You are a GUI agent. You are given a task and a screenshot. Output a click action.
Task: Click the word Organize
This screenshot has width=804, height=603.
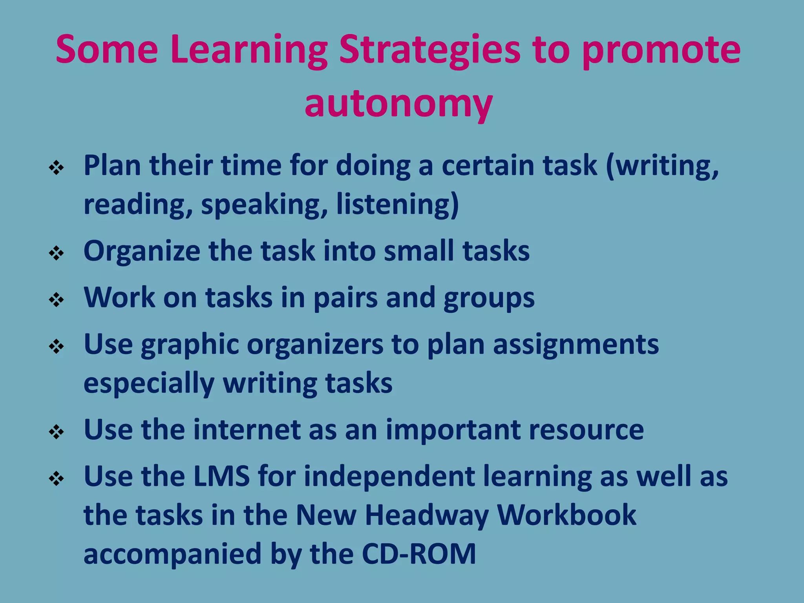[142, 251]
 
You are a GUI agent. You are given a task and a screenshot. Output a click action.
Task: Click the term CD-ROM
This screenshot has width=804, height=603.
[419, 554]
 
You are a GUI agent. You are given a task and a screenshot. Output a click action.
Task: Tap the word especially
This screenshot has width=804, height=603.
[149, 384]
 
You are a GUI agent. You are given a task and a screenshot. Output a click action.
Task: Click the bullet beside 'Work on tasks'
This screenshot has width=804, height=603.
[57, 300]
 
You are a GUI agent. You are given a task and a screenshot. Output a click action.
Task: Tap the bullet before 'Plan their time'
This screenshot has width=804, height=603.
[57, 168]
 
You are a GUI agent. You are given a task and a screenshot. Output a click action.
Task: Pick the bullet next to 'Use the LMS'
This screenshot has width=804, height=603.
[57, 479]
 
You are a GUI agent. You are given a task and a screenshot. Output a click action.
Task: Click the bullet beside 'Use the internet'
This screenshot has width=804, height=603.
[57, 432]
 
